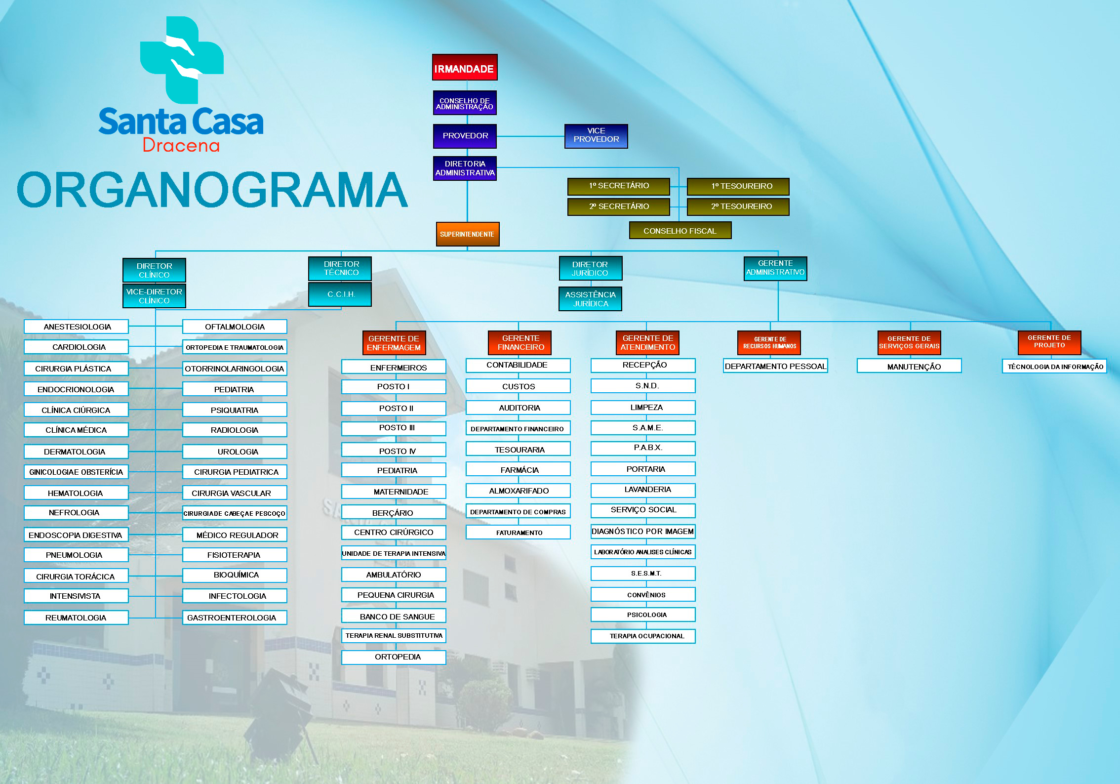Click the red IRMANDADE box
tap(465, 67)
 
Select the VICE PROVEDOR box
tap(596, 136)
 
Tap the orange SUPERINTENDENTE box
tap(467, 234)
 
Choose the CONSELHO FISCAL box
tap(680, 230)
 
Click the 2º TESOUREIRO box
tap(738, 206)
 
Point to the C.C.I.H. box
tap(340, 294)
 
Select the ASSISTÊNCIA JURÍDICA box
tap(590, 299)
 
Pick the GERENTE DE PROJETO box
tap(1049, 342)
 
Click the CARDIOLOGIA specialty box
tap(76, 347)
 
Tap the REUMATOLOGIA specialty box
tap(76, 618)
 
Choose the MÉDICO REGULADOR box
tap(235, 535)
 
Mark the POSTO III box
tap(394, 428)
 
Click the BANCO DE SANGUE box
tap(394, 616)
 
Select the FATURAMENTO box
tap(518, 532)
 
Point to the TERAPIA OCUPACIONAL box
tap(643, 636)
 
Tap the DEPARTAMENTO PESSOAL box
tap(775, 366)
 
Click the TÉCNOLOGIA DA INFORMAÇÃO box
tap(1054, 366)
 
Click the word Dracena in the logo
tap(181, 145)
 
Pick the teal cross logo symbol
tap(182, 60)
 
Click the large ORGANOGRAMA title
tap(212, 190)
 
